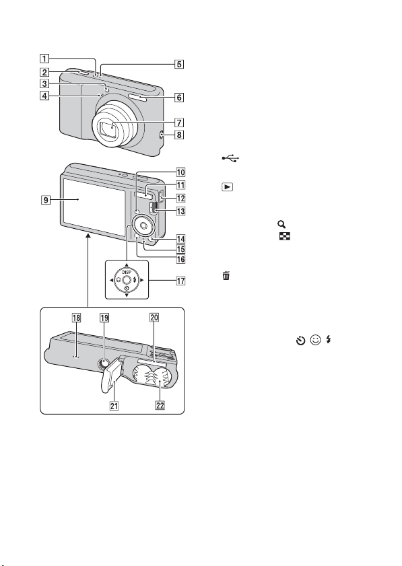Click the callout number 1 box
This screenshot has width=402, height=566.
(x=44, y=59)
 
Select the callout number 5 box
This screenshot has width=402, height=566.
(x=178, y=64)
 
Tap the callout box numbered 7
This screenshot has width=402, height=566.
(x=178, y=122)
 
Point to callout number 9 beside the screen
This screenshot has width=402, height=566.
(x=46, y=199)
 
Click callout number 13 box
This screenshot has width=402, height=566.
(x=180, y=211)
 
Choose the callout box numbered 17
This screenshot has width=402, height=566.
(x=180, y=281)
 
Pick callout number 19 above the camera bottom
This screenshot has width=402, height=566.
(x=104, y=318)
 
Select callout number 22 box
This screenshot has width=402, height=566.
(x=160, y=405)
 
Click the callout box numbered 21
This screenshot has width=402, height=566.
(x=114, y=406)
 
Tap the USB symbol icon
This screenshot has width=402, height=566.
(x=230, y=158)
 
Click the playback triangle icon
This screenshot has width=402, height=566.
(x=227, y=187)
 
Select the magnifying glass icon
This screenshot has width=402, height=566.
(x=281, y=225)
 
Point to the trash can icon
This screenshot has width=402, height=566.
(x=226, y=276)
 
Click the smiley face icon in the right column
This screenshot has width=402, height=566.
(x=315, y=340)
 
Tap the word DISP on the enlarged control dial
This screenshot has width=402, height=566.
(x=127, y=272)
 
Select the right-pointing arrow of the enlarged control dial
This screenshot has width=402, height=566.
(x=141, y=280)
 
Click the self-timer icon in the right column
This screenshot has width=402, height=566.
(x=300, y=340)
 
